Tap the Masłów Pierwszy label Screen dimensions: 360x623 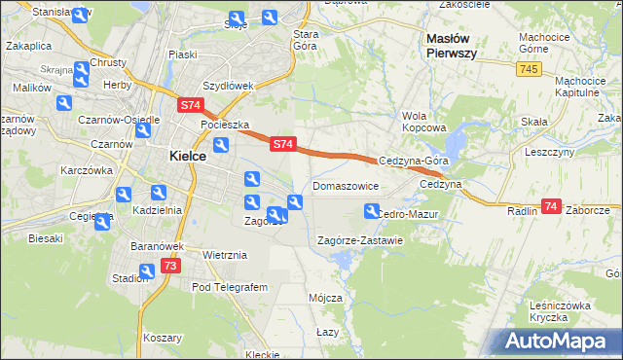452,46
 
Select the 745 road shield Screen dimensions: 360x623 530,69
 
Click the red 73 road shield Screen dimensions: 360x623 170,266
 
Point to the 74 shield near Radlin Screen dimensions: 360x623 551,206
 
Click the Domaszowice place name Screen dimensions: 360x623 346,185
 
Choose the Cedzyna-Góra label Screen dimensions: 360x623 414,162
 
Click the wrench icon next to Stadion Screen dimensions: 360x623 145,272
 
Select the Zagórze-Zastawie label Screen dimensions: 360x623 360,240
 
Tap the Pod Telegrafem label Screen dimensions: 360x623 230,288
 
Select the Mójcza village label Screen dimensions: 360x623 325,297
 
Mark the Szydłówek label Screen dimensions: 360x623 230,86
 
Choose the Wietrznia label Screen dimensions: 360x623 225,255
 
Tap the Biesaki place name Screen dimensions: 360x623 46,237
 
